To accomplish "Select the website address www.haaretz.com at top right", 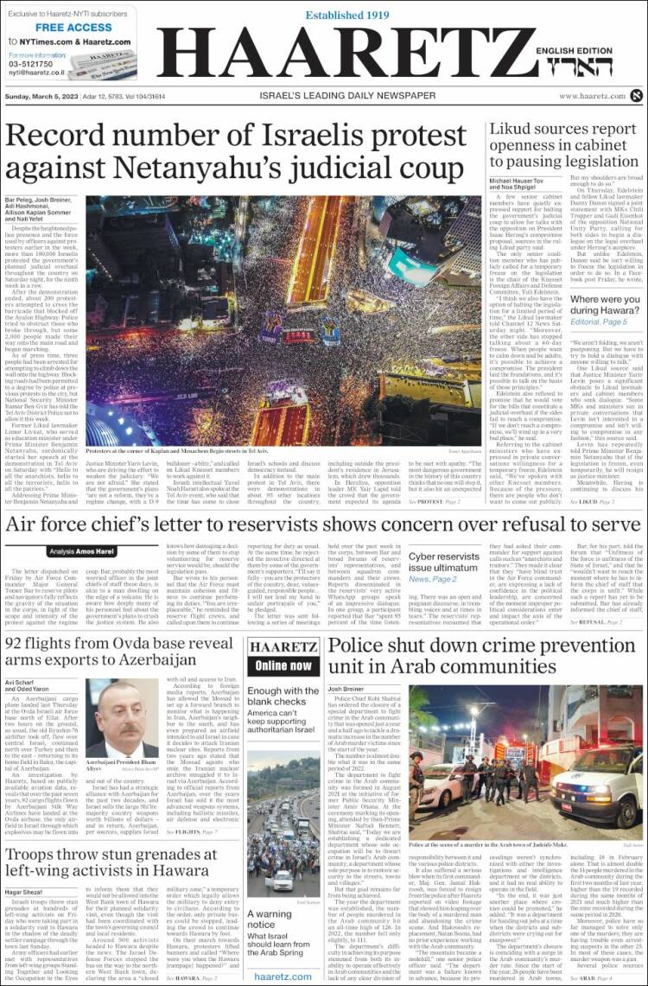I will click(x=591, y=96).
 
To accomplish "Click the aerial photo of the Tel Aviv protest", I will click(x=283, y=307).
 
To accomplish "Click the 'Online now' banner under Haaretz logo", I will click(x=283, y=665).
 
